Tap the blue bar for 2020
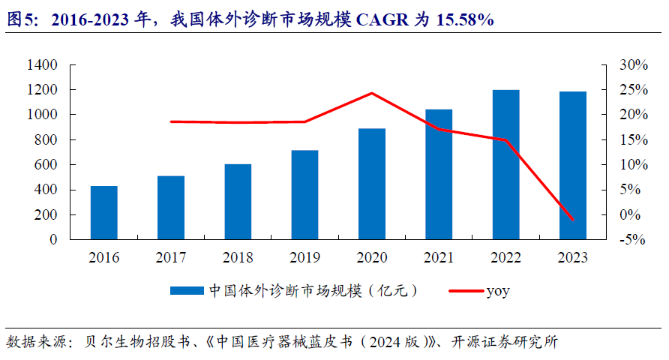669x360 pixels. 372,184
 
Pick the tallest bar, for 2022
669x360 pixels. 505,164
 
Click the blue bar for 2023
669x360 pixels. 573,165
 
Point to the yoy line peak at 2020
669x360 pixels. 372,93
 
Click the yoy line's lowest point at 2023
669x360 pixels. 573,220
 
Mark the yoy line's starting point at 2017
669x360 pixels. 171,121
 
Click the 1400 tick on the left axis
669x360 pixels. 42,65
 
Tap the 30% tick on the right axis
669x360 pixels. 633,65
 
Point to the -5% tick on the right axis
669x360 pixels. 633,240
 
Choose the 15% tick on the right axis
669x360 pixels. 633,140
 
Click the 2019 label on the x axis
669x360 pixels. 304,257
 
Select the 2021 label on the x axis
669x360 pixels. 439,257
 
